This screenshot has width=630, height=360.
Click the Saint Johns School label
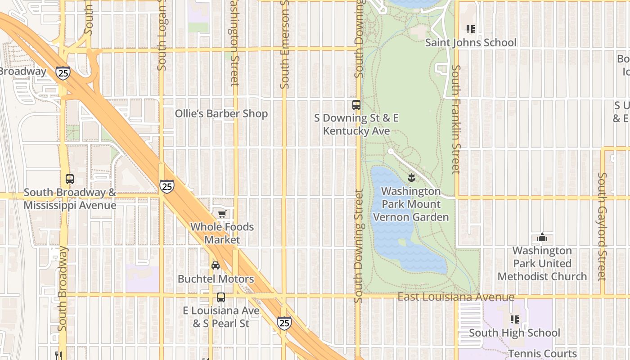471,43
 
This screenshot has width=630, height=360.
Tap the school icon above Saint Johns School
471,30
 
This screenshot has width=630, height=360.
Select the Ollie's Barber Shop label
221,114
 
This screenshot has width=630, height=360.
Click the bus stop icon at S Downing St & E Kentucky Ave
356,105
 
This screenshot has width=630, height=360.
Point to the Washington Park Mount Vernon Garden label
411,204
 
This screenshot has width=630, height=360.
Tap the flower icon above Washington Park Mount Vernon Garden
411,178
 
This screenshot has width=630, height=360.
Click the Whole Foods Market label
222,233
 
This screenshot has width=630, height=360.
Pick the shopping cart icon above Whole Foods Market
222,214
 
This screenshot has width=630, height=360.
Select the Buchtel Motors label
216,279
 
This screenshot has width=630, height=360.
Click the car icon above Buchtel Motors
216,265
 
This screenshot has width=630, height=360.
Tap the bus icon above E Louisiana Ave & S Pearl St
220,297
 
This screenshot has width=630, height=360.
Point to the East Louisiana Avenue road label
456,297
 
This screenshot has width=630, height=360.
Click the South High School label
514,333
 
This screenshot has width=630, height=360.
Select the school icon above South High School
515,319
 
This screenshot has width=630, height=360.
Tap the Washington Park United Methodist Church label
542,263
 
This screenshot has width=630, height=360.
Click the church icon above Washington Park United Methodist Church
542,237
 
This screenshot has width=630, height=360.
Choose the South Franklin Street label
456,119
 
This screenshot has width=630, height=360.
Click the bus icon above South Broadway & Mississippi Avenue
70,179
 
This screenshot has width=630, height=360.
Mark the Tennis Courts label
542,354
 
